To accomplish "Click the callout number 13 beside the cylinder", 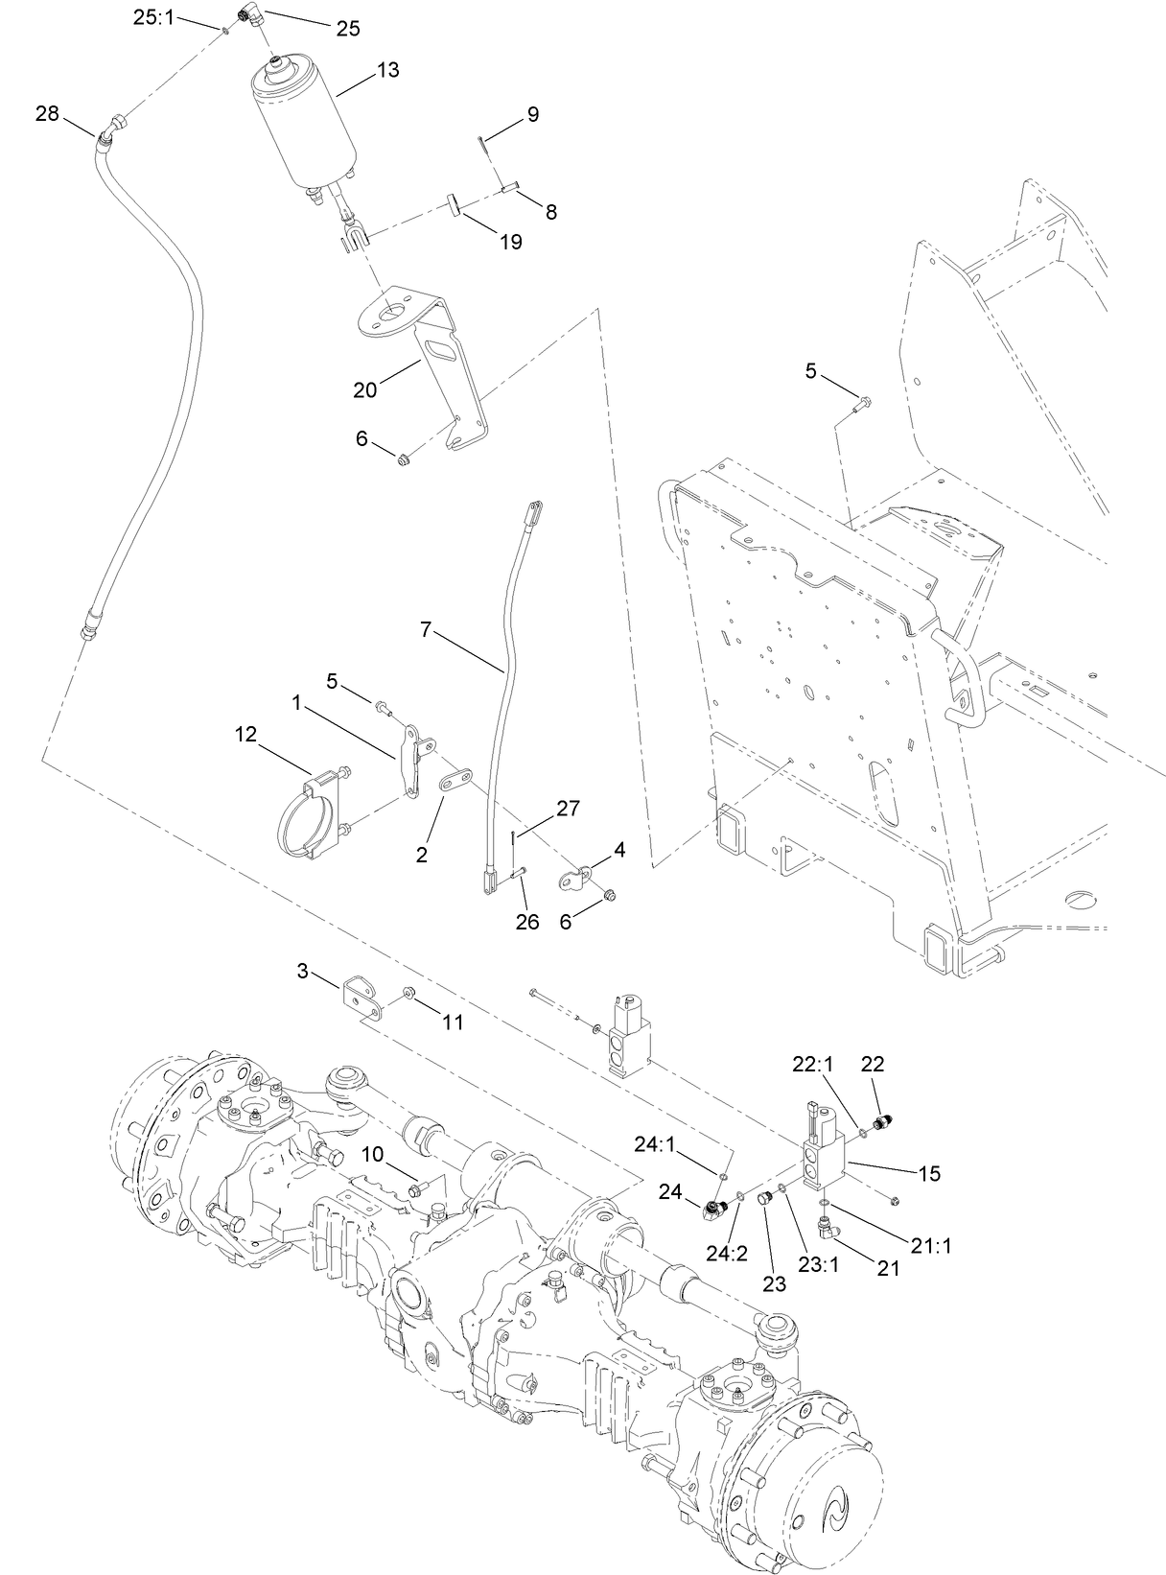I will point(388,70).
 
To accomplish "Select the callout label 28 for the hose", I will point(47,114).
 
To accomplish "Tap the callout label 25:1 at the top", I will point(153,16).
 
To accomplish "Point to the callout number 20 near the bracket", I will point(365,389).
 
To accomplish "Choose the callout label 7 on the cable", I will point(426,629).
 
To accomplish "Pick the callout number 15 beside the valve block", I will point(929,1172).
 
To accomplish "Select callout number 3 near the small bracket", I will point(303,972).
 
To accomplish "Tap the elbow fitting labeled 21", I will point(828,1226).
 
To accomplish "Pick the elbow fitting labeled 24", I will point(715,1211).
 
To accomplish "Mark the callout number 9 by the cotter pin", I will point(532,115).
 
